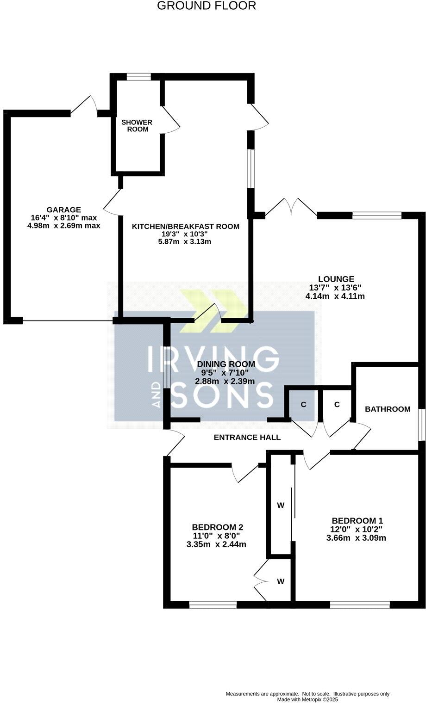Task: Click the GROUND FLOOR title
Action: pos(207,6)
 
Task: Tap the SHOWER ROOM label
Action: pos(137,126)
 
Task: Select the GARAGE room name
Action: pos(63,210)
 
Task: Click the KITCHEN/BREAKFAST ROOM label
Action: pos(185,227)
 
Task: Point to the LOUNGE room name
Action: pos(336,279)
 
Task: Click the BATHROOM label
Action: pos(388,409)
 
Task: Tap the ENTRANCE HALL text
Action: pos(247,437)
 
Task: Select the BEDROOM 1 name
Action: pos(357,520)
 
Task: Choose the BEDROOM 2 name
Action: pos(218,527)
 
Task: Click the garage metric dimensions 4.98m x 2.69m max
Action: pos(64,226)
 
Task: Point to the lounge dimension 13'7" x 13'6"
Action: pos(335,288)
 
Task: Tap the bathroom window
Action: pos(421,425)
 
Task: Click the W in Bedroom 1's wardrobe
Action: pos(280,506)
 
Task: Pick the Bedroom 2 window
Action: pos(213,604)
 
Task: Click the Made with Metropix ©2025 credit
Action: pos(307,699)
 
